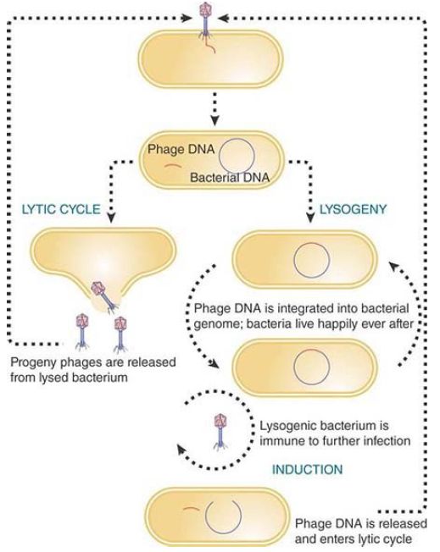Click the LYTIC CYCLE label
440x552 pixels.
(x=61, y=209)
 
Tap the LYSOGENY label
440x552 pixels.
(x=353, y=209)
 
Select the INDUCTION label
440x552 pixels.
(x=307, y=469)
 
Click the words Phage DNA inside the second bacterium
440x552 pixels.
(x=181, y=149)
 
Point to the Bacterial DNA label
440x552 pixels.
(x=230, y=177)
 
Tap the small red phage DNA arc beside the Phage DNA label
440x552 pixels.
(x=173, y=166)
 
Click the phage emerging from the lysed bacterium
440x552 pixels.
(x=103, y=296)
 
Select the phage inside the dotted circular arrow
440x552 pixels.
(x=220, y=432)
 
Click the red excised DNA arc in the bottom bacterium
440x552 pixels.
(x=191, y=509)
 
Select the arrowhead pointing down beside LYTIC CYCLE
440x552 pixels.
(x=111, y=218)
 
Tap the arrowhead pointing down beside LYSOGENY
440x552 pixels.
(x=310, y=218)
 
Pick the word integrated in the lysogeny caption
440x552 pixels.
(x=299, y=308)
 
